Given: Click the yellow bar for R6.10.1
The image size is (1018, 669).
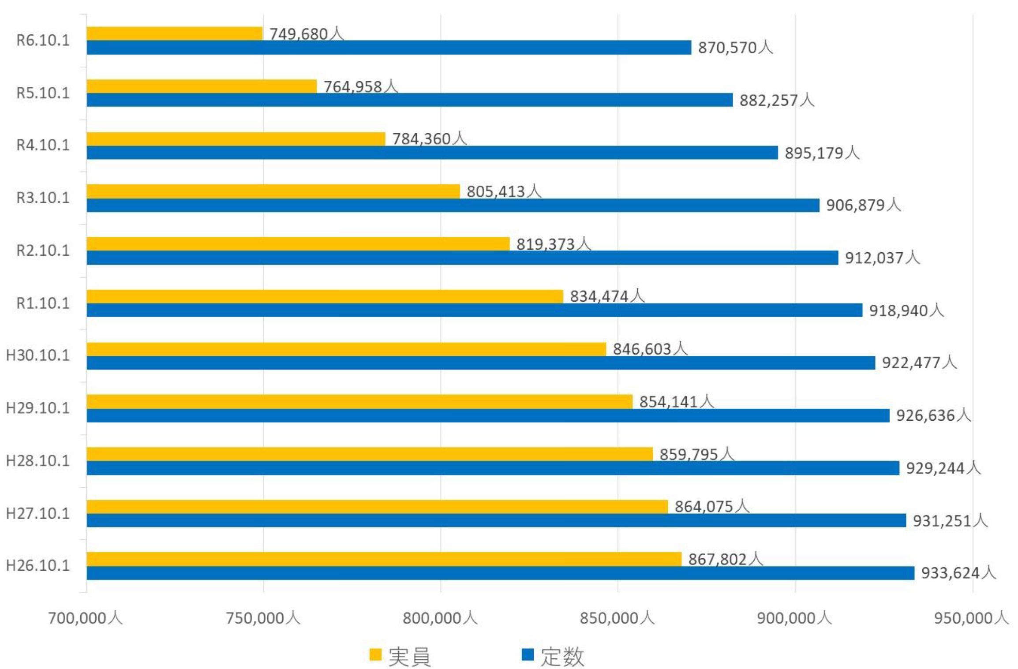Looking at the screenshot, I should coord(174,34).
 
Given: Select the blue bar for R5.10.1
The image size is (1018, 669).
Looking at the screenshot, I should coord(409,100).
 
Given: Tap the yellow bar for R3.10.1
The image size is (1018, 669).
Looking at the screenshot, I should coord(273,191).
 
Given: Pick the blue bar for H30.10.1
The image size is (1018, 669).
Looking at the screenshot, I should coord(481,363).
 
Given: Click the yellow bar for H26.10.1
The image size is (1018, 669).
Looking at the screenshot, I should coord(384,559).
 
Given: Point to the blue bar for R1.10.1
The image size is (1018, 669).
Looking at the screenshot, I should coord(474,310).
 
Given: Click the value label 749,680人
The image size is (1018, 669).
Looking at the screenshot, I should coord(307,34).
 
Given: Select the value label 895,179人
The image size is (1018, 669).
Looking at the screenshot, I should coord(822,153).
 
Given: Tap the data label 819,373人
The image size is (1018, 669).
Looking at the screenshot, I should coord(554,244).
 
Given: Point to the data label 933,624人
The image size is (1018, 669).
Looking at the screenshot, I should coord(958,573).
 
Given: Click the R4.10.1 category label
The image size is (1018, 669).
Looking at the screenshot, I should coord(43,146).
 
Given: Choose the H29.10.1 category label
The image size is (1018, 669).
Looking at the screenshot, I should coord(38,408).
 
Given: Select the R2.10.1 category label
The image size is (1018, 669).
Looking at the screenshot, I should coord(43,251).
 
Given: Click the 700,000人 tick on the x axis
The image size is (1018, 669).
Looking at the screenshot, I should coord(85,618).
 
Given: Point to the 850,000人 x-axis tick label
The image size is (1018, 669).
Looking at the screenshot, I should coord(617,618).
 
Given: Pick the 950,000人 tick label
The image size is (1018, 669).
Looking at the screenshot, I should coord(971,618).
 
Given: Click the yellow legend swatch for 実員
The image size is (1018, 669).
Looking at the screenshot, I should coord(375,654).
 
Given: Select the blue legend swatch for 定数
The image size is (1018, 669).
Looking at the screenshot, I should coord(528,654).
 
